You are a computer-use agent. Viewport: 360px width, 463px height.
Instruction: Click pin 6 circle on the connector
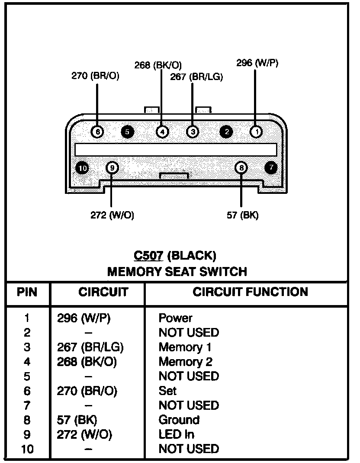98,131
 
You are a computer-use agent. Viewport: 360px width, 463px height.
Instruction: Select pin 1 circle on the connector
256,131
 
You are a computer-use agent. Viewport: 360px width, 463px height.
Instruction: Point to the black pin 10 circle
82,167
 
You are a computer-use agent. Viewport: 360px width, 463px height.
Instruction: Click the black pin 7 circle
271,167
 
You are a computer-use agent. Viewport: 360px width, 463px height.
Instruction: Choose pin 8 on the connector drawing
241,167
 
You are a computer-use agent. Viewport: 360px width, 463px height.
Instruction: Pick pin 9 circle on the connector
112,167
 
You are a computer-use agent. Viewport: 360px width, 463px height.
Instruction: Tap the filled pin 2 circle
226,132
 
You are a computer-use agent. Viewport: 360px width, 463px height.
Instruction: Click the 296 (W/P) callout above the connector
257,63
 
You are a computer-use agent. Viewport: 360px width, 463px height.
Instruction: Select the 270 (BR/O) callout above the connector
95,76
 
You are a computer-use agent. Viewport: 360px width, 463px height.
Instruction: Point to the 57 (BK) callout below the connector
243,215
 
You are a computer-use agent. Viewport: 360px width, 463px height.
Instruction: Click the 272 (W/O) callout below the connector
112,215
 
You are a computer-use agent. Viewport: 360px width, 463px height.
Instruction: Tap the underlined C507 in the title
148,256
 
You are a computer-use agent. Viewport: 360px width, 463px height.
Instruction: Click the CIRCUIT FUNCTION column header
250,292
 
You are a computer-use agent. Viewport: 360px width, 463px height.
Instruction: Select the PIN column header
27,292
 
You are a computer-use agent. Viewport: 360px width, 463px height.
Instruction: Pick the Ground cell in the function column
179,420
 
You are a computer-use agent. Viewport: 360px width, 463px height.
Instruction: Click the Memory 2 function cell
185,361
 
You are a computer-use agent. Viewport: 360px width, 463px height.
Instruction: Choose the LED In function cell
176,434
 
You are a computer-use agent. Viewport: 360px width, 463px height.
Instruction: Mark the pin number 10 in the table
27,449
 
